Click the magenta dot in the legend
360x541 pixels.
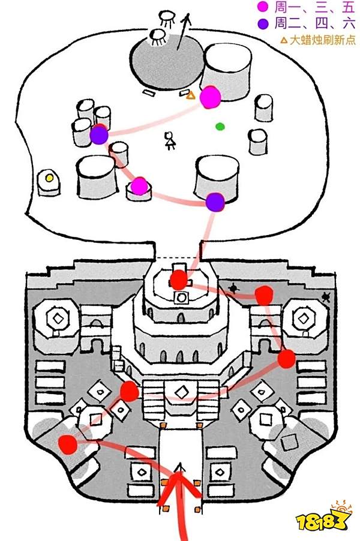click(x=262, y=8)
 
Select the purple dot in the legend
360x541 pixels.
click(x=262, y=24)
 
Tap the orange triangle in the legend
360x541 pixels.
click(x=284, y=41)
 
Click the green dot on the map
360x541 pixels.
click(x=220, y=127)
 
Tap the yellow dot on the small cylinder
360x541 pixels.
click(x=49, y=178)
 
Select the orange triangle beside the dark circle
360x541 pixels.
click(x=191, y=95)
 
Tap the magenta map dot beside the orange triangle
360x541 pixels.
click(x=210, y=97)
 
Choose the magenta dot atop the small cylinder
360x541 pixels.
click(x=139, y=187)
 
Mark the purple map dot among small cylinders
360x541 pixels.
click(x=99, y=136)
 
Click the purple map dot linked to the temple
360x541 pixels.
click(x=215, y=202)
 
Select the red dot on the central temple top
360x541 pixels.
click(x=178, y=279)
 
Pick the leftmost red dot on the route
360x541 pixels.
click(x=68, y=444)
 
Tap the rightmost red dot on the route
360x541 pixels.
click(x=286, y=359)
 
